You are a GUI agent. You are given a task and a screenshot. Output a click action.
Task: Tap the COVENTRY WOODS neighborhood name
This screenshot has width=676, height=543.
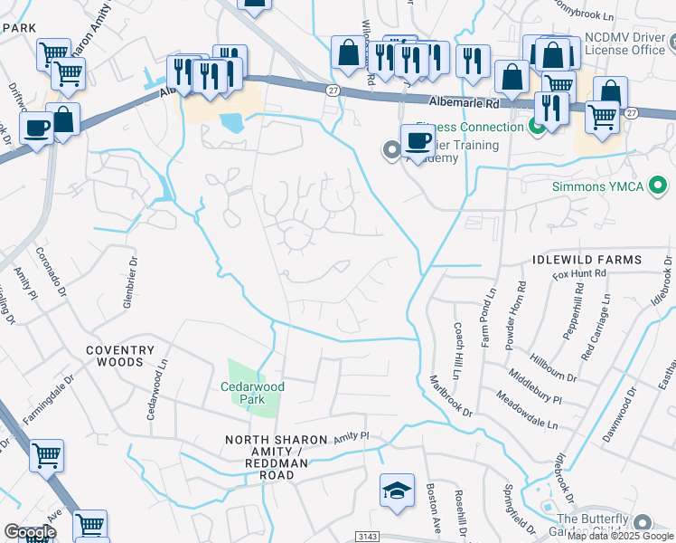pyautogui.click(x=127, y=356)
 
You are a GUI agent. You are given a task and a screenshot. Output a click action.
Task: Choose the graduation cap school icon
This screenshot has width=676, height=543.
pyautogui.click(x=397, y=491)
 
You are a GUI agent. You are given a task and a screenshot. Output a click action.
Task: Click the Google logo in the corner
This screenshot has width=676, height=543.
pyautogui.click(x=30, y=532)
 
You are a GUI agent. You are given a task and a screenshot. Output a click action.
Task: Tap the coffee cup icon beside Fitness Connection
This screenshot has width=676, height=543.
pyautogui.click(x=418, y=141)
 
